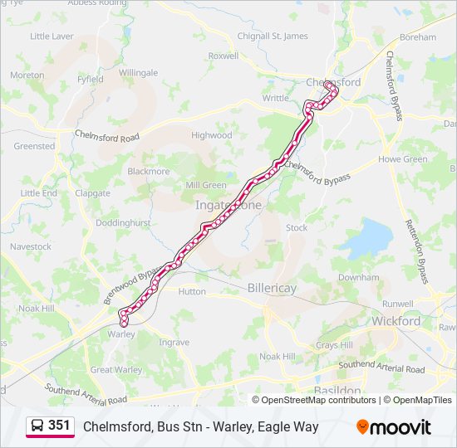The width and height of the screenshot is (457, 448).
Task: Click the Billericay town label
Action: point(272,288)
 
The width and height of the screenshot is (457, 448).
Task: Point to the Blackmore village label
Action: point(148,172)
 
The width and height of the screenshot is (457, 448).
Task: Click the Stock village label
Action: point(296,227)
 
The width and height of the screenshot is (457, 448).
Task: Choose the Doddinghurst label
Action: point(123,224)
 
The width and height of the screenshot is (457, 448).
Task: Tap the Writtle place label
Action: point(276,98)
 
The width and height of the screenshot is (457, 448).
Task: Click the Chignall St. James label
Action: point(273,37)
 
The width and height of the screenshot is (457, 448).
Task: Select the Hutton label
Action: point(192,291)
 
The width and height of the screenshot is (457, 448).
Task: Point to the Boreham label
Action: point(417,37)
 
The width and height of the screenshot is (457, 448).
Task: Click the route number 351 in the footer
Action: point(59,426)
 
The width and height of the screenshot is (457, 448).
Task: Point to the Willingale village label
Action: point(138,73)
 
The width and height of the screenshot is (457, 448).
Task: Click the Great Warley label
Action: point(116,370)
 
